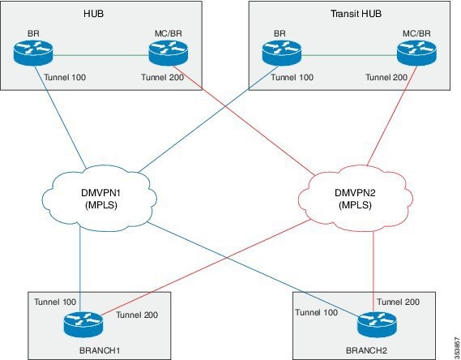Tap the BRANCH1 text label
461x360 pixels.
click(83, 351)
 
